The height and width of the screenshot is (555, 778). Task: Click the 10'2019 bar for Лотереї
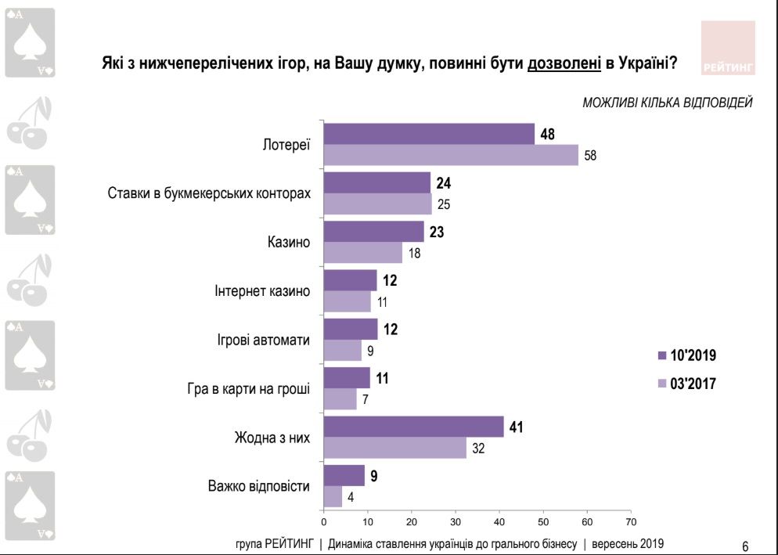click(429, 134)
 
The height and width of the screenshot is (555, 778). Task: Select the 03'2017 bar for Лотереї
click(451, 155)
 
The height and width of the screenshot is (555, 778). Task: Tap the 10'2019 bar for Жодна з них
click(413, 427)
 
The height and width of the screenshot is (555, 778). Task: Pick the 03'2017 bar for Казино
click(364, 253)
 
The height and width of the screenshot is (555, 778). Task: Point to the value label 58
click(590, 155)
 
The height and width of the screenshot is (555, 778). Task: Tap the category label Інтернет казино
click(262, 291)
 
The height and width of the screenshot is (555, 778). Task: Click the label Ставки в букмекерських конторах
click(208, 193)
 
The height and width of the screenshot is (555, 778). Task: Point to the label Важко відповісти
click(259, 485)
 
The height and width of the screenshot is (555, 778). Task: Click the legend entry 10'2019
click(686, 355)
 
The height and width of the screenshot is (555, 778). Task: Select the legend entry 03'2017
click(686, 384)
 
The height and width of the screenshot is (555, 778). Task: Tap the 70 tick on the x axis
click(631, 521)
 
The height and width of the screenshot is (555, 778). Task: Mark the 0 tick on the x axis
click(323, 521)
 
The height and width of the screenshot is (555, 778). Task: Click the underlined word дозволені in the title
click(564, 63)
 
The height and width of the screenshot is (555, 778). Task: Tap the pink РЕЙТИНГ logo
click(728, 49)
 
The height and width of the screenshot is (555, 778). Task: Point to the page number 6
click(744, 546)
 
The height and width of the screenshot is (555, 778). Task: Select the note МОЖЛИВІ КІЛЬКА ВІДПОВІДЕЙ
click(668, 103)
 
